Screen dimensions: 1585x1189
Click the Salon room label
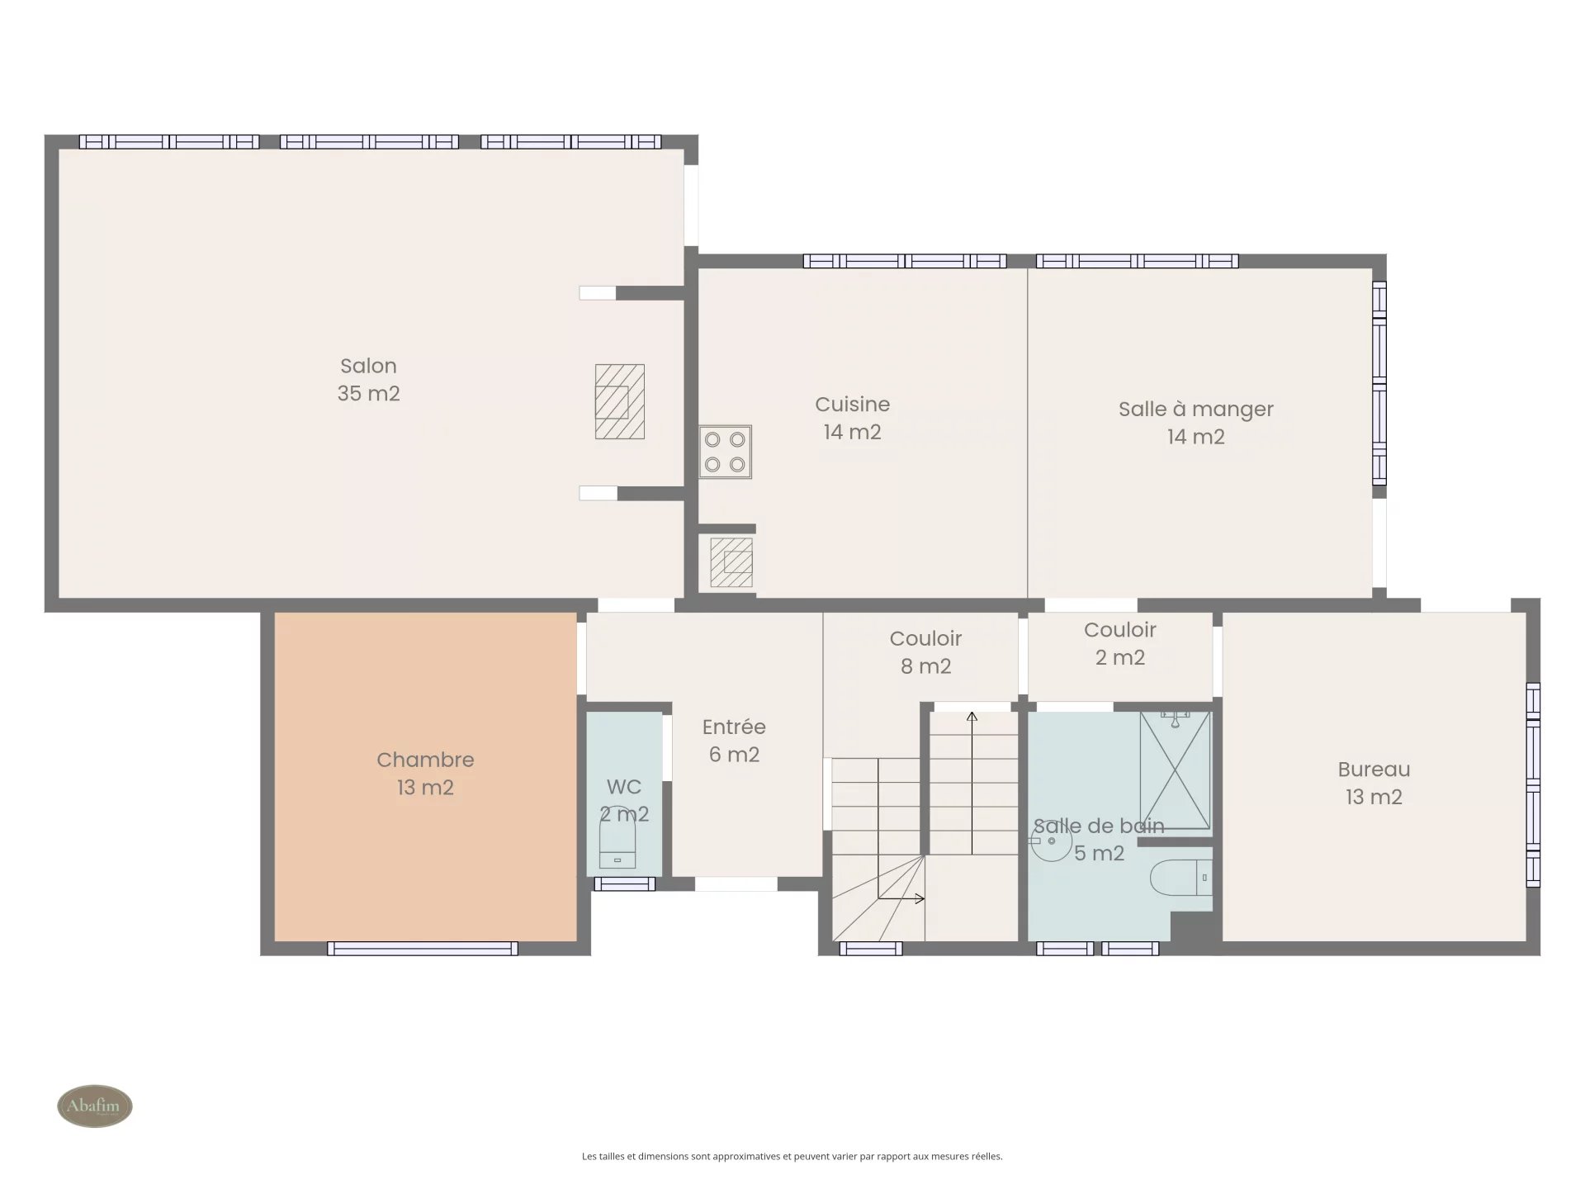coord(368,379)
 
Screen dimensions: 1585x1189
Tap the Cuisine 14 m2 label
coord(852,418)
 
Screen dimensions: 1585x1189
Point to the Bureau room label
coord(1374,783)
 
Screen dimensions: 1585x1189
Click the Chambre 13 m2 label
coord(425,774)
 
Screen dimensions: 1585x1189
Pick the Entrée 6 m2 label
coord(734,741)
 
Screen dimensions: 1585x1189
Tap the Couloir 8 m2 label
coord(925,652)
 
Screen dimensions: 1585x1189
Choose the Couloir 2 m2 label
coord(1119,644)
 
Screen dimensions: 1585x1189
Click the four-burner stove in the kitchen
coord(725,452)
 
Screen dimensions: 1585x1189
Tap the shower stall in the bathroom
coord(1176,770)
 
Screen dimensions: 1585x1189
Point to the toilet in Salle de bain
coord(1181,878)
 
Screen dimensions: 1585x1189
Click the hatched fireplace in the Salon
coord(620,401)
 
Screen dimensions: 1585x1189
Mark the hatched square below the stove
coord(731,562)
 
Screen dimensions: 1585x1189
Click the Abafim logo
coord(94,1106)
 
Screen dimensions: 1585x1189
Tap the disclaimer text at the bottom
coord(792,1157)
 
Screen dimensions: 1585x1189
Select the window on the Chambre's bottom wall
coord(423,949)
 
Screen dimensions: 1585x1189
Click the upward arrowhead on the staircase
coord(972,717)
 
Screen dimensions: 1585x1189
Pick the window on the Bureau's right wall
coord(1533,784)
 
